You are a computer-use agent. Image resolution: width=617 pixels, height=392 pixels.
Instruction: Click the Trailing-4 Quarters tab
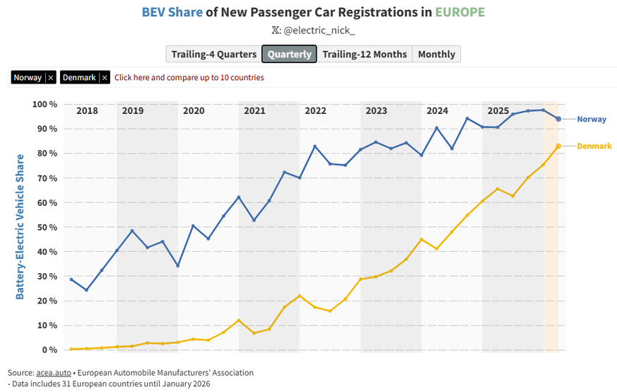pyautogui.click(x=214, y=54)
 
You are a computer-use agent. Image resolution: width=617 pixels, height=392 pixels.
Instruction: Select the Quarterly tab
pyautogui.click(x=289, y=54)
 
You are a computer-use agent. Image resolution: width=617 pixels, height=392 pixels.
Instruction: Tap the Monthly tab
pyautogui.click(x=436, y=54)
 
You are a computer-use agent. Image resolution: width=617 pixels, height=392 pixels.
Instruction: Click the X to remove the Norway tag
pyautogui.click(x=51, y=78)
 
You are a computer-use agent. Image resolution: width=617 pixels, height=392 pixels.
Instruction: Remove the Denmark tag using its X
pyautogui.click(x=105, y=78)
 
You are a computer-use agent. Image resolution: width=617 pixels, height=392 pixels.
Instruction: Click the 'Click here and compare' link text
pyautogui.click(x=189, y=78)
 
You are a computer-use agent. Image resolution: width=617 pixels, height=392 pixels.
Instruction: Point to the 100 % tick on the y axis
pyautogui.click(x=45, y=105)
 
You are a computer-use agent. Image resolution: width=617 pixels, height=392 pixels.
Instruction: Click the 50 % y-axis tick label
pyautogui.click(x=47, y=227)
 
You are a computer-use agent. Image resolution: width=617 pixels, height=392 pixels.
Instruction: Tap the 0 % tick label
pyautogui.click(x=49, y=350)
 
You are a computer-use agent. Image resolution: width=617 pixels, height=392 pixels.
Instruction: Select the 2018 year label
pyautogui.click(x=87, y=111)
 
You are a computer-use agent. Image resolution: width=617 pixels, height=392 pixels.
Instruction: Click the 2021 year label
pyautogui.click(x=254, y=111)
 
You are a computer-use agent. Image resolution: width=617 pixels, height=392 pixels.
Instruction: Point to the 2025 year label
pyautogui.click(x=498, y=111)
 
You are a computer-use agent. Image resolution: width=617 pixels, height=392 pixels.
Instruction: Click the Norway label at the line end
pyautogui.click(x=591, y=120)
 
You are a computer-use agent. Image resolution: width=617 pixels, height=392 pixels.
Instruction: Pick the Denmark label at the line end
pyautogui.click(x=594, y=146)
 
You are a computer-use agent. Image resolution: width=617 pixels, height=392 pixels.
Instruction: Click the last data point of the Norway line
pyautogui.click(x=558, y=119)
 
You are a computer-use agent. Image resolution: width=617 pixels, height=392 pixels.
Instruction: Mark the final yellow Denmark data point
pyautogui.click(x=558, y=146)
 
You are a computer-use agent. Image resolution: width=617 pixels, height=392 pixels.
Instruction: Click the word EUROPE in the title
pyautogui.click(x=460, y=13)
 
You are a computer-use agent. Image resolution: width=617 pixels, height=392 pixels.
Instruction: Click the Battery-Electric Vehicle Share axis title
pyautogui.click(x=20, y=226)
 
